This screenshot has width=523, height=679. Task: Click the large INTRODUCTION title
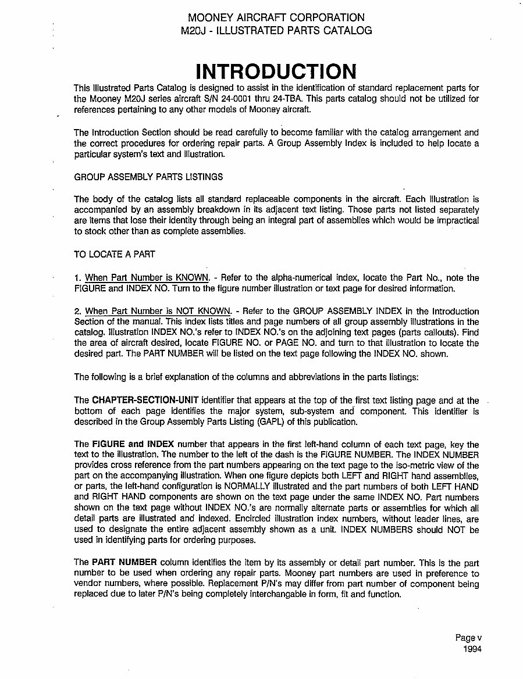tap(275, 71)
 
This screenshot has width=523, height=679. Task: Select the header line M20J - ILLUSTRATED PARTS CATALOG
tap(276, 31)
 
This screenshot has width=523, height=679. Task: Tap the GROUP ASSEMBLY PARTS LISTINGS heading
tap(148, 176)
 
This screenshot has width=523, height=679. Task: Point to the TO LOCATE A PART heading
tap(115, 254)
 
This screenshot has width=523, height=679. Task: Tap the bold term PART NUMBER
tap(124, 563)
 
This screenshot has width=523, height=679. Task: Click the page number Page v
tap(468, 638)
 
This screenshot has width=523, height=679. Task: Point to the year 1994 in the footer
tap(472, 649)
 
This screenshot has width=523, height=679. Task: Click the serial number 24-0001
tap(273, 99)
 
